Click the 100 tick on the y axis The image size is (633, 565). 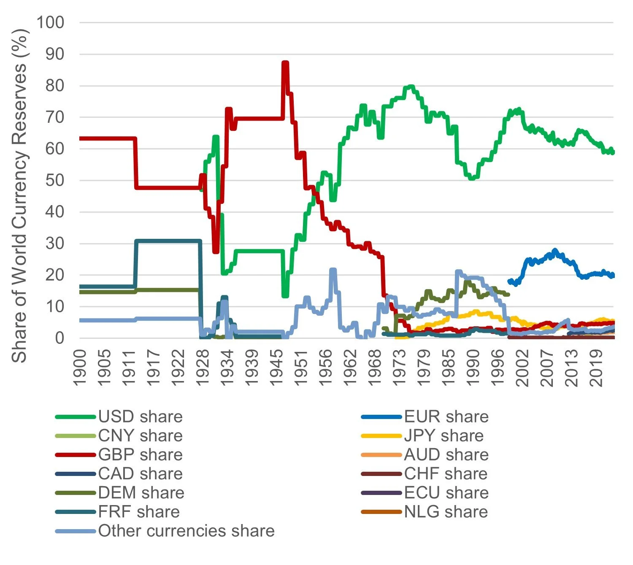50,22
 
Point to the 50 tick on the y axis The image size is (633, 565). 55,180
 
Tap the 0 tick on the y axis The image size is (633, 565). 60,338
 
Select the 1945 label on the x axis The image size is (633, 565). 276,368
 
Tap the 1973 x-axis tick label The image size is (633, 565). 399,368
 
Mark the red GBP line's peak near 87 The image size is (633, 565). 285,63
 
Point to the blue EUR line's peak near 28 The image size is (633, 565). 555,250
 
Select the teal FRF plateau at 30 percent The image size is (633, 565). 169,241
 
